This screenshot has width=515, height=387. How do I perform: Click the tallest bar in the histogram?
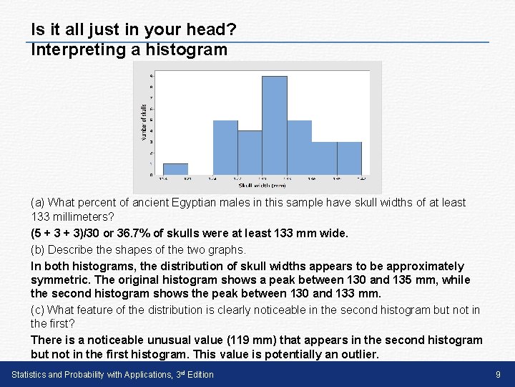(275, 125)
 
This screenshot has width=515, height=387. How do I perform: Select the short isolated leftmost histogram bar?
(175, 169)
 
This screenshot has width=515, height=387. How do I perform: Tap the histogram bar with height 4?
(250, 153)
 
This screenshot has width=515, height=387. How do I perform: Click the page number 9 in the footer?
(498, 374)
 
